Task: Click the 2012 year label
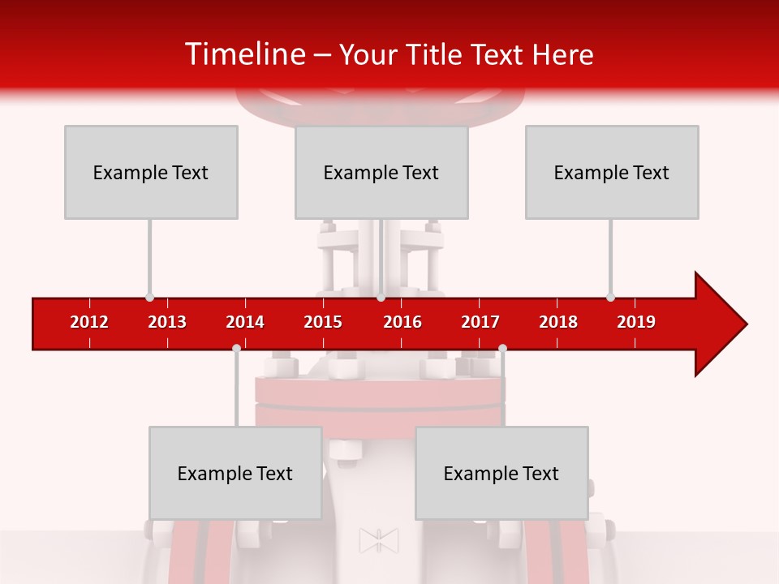[89, 322]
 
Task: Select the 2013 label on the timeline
[167, 322]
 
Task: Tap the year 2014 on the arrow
[245, 322]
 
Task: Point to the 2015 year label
[323, 322]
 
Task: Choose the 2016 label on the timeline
[402, 322]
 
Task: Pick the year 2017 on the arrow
[480, 322]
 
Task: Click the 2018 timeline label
[558, 322]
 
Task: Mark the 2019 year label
[636, 322]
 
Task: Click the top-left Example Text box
[151, 172]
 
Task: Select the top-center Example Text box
[381, 172]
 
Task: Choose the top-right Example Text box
[612, 172]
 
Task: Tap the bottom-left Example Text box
[235, 473]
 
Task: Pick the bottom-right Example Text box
[501, 473]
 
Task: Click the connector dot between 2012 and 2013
[149, 298]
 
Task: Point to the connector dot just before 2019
[610, 298]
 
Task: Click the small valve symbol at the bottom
[379, 540]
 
